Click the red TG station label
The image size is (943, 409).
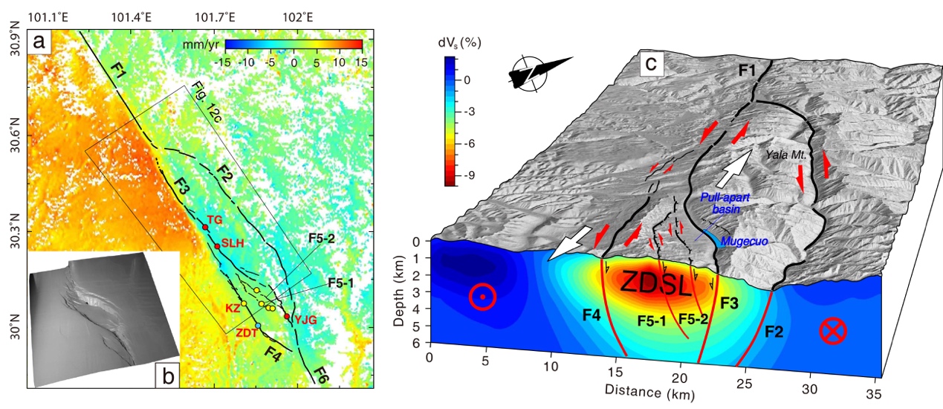[x=214, y=219]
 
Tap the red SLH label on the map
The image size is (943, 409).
[x=233, y=243]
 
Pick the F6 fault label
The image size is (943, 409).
[x=322, y=373]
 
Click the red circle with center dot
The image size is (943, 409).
[x=483, y=297]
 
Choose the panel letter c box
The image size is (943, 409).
[x=651, y=65]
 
